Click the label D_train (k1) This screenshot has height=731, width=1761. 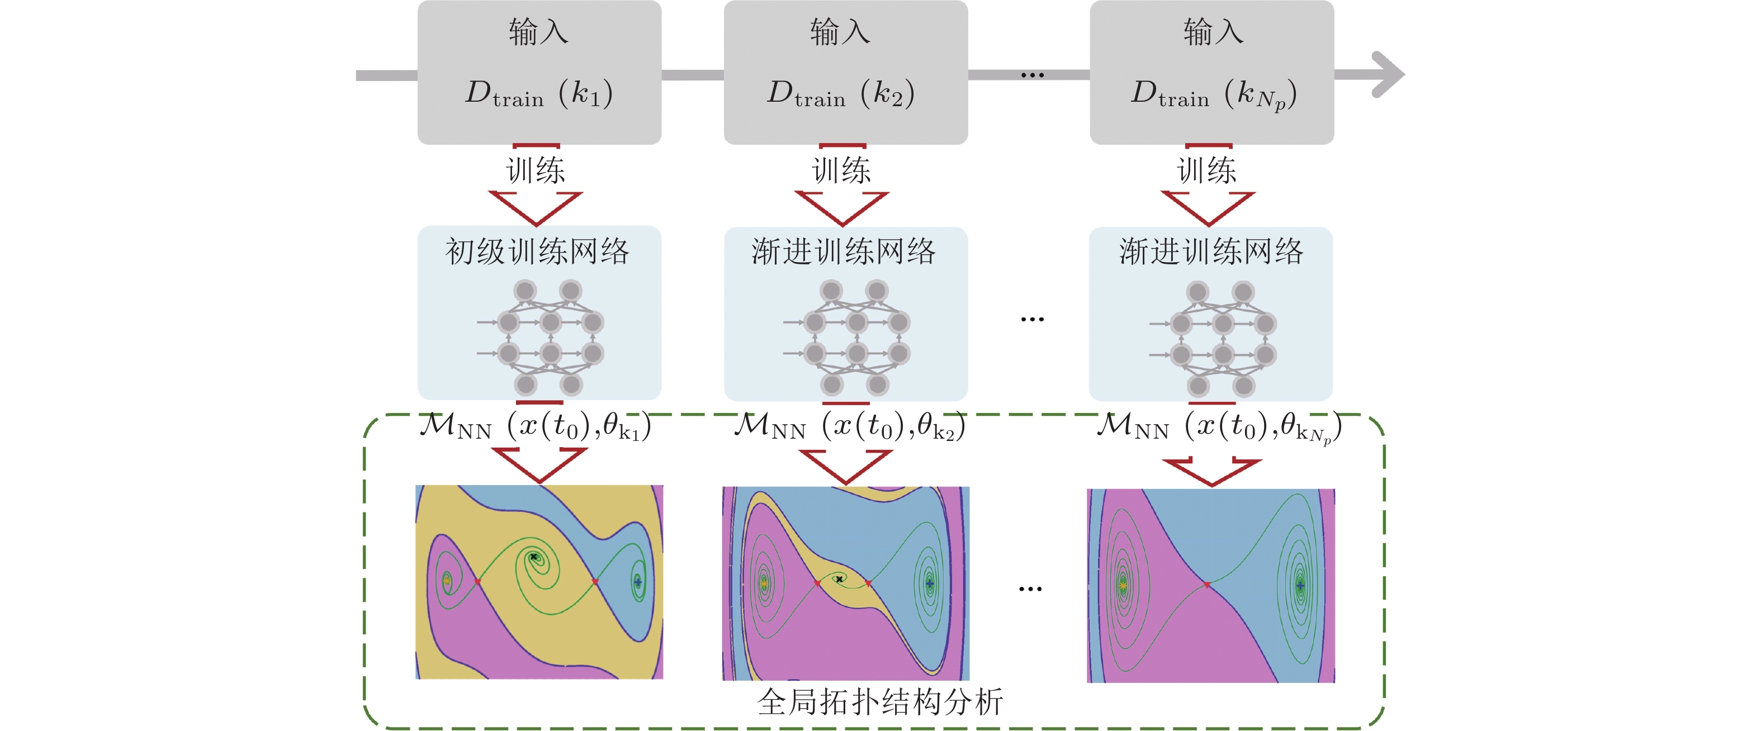coord(539,93)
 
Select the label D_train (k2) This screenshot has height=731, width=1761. coord(841,93)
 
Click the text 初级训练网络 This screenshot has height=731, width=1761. coord(537,251)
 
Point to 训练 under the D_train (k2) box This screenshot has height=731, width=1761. coord(841,170)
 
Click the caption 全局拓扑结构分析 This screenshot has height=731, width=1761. coord(880,701)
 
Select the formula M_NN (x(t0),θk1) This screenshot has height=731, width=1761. coord(535,426)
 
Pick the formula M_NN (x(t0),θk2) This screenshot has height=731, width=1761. coord(849,426)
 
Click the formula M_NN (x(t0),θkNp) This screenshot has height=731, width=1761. coord(1218,427)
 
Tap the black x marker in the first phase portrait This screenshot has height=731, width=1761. coord(533,557)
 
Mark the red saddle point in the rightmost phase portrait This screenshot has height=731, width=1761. coord(1208,584)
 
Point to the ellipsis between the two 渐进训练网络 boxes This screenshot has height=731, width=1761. coord(1031,319)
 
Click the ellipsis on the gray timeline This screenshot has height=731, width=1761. coord(1031,74)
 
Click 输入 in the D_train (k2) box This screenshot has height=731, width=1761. coord(840,32)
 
